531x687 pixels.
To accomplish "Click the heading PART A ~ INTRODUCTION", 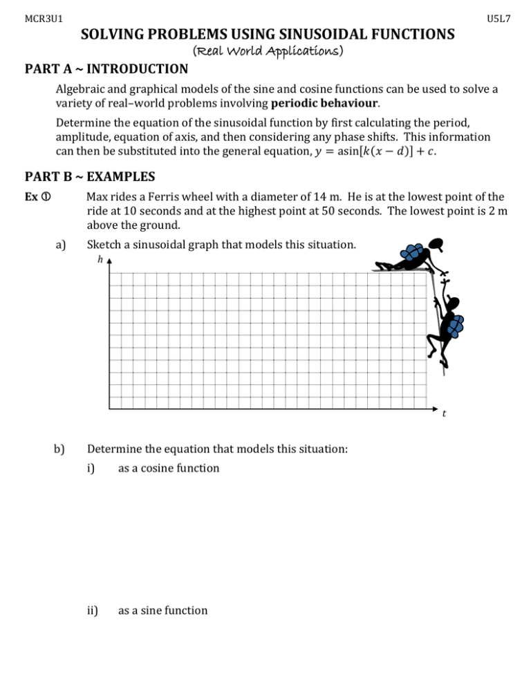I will point(106,69).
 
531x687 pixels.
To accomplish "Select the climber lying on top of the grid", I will point(408,256).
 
